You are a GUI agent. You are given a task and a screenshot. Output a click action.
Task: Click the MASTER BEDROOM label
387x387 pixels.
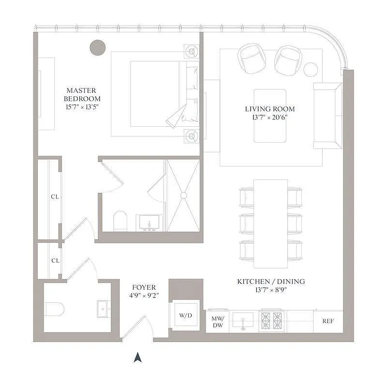[x=81, y=94]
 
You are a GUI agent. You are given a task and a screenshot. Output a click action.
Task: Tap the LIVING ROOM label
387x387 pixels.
[x=269, y=109]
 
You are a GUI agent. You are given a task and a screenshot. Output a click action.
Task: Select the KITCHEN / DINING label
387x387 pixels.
[x=271, y=282]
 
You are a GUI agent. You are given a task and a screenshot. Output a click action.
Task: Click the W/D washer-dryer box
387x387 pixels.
[x=185, y=315]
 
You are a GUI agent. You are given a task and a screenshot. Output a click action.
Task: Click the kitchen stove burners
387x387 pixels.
[x=271, y=320]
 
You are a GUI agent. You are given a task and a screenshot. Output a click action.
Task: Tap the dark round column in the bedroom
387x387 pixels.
[x=98, y=47]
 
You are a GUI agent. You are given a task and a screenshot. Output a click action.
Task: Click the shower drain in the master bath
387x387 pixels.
[x=183, y=195]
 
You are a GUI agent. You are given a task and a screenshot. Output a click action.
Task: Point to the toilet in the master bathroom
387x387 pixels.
[x=119, y=222]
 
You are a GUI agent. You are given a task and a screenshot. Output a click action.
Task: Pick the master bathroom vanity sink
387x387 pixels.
[x=149, y=223]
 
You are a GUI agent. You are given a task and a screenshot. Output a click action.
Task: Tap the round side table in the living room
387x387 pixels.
[x=311, y=69]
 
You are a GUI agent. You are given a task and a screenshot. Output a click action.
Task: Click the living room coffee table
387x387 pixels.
[x=270, y=115]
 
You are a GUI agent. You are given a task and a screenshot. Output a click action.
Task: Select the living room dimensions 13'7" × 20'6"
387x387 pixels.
[x=269, y=117]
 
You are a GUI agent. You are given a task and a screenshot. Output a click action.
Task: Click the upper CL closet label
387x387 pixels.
[x=55, y=197]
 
